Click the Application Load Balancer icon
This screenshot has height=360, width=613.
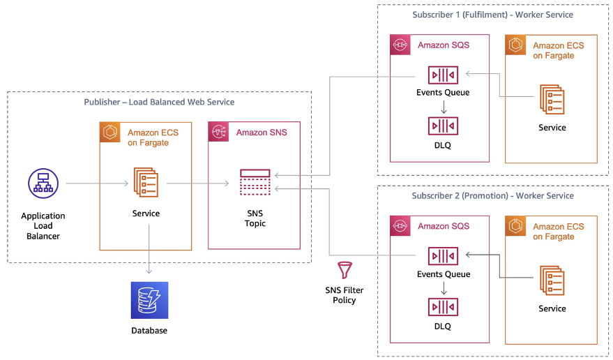(x=43, y=183)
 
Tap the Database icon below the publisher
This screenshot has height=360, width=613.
(x=149, y=300)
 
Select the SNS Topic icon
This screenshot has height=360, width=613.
(x=255, y=183)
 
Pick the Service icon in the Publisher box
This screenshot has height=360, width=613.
(x=145, y=183)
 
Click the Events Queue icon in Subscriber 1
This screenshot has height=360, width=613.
(x=443, y=74)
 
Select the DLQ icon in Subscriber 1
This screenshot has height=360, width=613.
(x=443, y=126)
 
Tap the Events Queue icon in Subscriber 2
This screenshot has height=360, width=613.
(x=443, y=255)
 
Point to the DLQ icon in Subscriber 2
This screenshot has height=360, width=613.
(x=443, y=307)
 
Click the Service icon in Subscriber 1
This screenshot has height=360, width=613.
(x=552, y=99)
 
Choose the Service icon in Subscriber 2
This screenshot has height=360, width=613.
(x=552, y=280)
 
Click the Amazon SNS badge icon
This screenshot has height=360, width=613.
(x=219, y=132)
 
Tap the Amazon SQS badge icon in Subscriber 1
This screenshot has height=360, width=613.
(x=400, y=45)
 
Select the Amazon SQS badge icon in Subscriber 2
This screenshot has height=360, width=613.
(x=400, y=226)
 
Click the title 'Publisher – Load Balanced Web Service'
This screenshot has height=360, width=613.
(x=159, y=102)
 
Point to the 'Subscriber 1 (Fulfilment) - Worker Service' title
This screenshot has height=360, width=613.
(x=492, y=15)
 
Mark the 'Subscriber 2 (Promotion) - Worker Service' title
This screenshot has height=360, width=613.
(x=492, y=195)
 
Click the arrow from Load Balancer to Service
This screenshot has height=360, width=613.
(x=97, y=184)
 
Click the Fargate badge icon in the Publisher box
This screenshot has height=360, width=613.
(x=110, y=132)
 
